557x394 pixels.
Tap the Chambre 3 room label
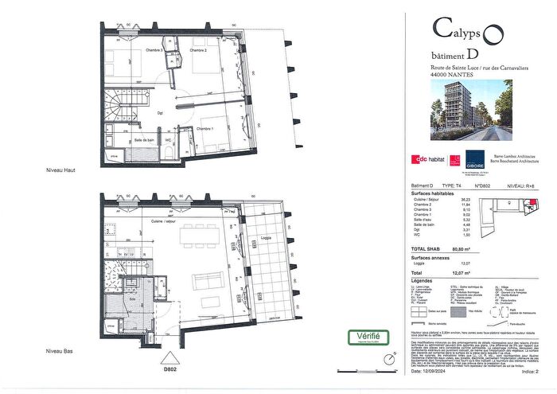click(x=154, y=51)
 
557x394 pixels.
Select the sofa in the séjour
click(x=208, y=284)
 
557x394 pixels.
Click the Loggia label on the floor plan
click(x=268, y=237)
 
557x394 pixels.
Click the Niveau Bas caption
click(x=60, y=351)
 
